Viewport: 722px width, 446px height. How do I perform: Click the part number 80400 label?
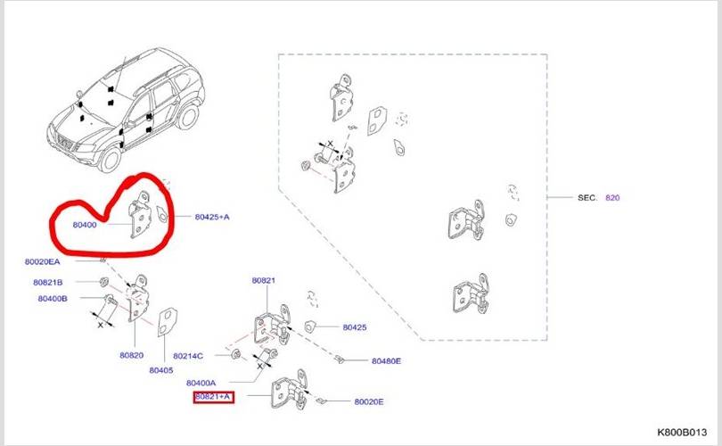85,225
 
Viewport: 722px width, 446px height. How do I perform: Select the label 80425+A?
212,217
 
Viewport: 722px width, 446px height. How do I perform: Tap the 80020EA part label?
43,261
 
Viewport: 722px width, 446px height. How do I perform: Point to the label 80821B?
48,283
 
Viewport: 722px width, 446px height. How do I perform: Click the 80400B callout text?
53,299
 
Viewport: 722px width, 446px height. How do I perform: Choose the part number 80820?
132,355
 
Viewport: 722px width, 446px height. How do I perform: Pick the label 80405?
161,370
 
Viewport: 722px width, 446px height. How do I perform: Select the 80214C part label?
188,356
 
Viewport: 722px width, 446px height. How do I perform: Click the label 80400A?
201,383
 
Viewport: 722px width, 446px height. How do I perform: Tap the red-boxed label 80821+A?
213,397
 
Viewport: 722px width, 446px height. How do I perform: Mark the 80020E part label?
369,401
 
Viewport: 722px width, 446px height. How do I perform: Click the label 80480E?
386,361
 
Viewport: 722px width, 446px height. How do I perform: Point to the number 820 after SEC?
612,198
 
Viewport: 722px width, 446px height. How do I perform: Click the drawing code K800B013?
682,433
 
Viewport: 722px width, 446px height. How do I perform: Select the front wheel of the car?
110,159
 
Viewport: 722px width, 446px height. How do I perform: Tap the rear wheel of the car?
188,116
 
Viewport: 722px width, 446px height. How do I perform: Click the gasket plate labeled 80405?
168,322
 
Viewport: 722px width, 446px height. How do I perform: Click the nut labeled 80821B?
104,281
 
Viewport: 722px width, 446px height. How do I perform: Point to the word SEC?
587,198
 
